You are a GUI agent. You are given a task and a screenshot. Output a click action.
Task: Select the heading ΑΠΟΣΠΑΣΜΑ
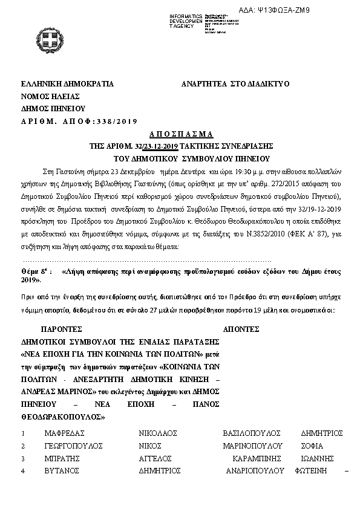[x=180, y=134]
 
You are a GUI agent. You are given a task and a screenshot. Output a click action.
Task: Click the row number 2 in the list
[x=22, y=446]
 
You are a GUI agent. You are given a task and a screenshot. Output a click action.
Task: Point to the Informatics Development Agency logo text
[x=185, y=20]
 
